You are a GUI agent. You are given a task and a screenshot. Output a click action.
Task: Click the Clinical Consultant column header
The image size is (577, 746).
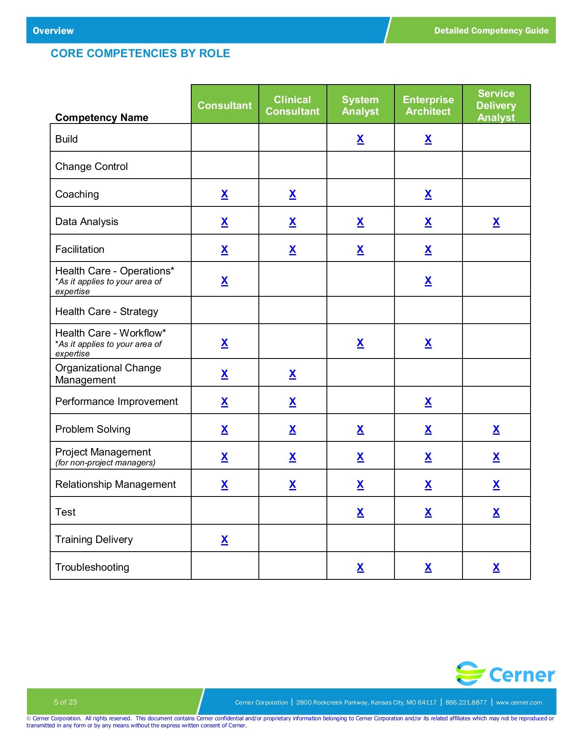pyautogui.click(x=292, y=105)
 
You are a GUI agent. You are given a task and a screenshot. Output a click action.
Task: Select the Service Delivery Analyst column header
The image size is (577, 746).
pyautogui.click(x=496, y=105)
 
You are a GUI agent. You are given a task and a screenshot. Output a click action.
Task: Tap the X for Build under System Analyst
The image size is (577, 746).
pyautogui.click(x=360, y=139)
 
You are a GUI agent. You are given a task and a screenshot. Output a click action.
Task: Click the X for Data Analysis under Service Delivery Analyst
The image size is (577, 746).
pyautogui.click(x=496, y=222)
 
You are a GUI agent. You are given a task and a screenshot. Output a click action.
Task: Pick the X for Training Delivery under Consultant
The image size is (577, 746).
pyautogui.click(x=224, y=540)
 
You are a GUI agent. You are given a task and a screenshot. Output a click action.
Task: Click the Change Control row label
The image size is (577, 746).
pyautogui.click(x=91, y=167)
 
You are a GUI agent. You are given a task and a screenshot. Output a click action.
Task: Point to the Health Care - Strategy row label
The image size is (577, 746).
pyautogui.click(x=107, y=312)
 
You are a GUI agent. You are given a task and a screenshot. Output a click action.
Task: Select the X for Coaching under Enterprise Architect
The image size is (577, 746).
pyautogui.click(x=428, y=194)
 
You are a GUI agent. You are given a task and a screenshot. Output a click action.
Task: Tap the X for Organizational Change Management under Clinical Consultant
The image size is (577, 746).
pyautogui.click(x=292, y=374)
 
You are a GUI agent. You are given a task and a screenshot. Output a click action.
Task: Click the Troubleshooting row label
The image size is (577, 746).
pyautogui.click(x=92, y=567)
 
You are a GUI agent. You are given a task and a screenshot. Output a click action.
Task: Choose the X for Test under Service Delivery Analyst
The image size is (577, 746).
pyautogui.click(x=496, y=512)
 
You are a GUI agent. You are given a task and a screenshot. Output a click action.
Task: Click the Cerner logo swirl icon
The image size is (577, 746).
pyautogui.click(x=470, y=673)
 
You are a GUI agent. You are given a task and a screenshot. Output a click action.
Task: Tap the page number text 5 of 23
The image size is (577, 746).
pyautogui.click(x=65, y=702)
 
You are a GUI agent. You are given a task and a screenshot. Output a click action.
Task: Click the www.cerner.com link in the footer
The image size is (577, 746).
pyautogui.click(x=519, y=702)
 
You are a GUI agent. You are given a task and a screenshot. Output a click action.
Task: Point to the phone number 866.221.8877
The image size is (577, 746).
pyautogui.click(x=466, y=702)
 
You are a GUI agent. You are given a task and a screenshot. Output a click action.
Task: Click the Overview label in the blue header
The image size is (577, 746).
pyautogui.click(x=53, y=31)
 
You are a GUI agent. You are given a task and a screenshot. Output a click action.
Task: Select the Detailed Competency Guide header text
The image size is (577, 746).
pyautogui.click(x=491, y=31)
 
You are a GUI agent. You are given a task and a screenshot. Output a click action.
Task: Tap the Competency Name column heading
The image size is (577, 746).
pyautogui.click(x=102, y=118)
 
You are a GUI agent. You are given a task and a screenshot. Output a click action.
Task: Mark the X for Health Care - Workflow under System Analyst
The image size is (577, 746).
pyautogui.click(x=360, y=343)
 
